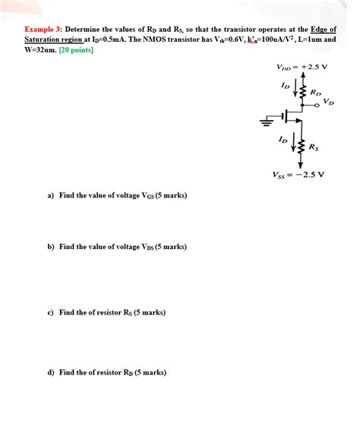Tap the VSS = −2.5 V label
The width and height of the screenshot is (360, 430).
(298, 173)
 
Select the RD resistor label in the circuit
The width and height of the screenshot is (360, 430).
(315, 92)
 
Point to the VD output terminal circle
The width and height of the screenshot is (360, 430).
(316, 106)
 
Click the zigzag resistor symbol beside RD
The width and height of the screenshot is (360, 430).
(303, 92)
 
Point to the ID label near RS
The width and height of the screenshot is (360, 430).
(283, 140)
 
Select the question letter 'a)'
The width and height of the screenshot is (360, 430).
(51, 195)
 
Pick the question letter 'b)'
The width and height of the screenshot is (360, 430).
(51, 247)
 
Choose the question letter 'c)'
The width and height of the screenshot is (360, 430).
(51, 312)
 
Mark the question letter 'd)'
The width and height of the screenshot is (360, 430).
(51, 372)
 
